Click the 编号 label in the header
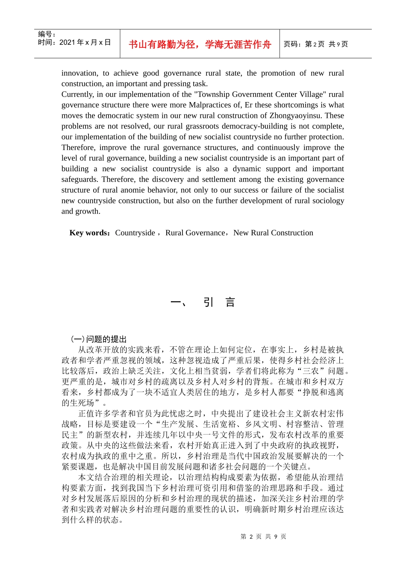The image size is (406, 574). coord(47,34)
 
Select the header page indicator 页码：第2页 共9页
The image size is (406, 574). coord(316,44)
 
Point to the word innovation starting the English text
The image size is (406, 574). coord(79,73)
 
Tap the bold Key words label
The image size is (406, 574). coord(89,233)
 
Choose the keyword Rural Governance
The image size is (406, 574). coord(195,233)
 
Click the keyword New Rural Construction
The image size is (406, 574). coord(273,233)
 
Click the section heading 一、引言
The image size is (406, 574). coord(203,302)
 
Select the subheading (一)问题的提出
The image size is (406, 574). coord(99,339)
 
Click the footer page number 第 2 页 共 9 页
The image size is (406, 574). coord(263,536)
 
